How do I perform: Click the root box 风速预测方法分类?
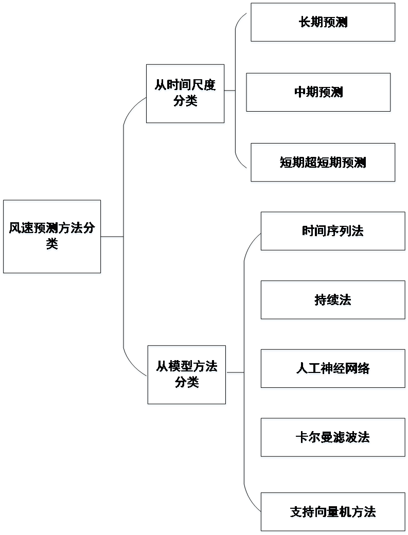click(52, 238)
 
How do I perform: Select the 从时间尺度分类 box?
click(185, 95)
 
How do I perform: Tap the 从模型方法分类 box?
click(187, 376)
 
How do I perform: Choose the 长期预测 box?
click(323, 23)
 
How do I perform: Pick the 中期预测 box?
click(318, 93)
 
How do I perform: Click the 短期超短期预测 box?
click(323, 164)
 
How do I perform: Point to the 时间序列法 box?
click(333, 233)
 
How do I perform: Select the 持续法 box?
click(333, 301)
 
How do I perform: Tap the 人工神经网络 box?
click(333, 369)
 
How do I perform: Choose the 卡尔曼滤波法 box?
click(333, 438)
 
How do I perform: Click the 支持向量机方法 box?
click(333, 513)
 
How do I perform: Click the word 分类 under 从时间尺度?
click(185, 102)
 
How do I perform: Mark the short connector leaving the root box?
click(112, 238)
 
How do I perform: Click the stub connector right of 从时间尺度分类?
click(230, 93)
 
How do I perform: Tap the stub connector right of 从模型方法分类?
click(235, 374)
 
